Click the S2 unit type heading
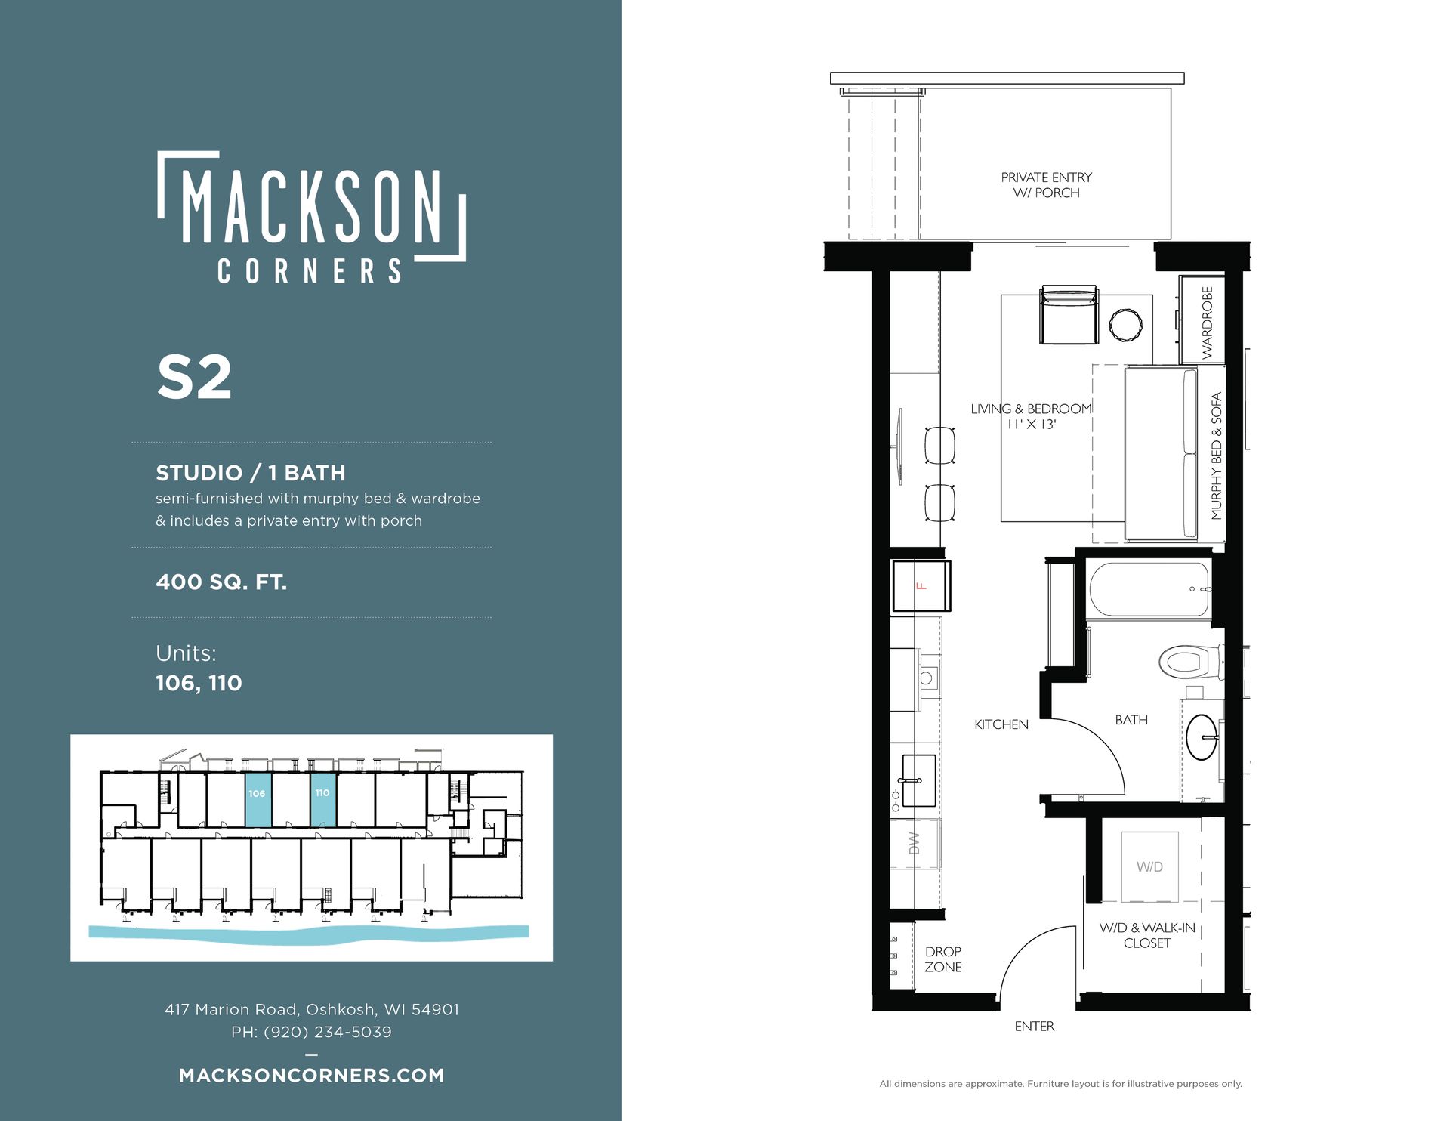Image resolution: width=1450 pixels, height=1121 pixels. point(194,377)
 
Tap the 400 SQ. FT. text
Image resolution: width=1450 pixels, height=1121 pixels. point(221,582)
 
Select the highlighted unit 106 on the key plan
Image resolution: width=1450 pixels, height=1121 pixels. point(258,799)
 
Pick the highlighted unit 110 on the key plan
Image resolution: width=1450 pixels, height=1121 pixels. point(323,799)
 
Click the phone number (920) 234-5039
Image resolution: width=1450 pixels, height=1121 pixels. point(327,1032)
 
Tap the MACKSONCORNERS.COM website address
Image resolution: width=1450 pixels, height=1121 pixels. point(312,1076)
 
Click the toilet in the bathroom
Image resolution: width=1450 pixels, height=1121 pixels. point(1191,662)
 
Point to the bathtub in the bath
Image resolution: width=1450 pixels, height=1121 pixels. point(1150,589)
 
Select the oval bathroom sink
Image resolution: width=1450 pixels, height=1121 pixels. point(1202,737)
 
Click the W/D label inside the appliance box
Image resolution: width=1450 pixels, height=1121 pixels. point(1149,866)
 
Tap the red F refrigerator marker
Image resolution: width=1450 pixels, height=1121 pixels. point(921,586)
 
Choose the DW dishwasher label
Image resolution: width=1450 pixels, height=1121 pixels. point(915,843)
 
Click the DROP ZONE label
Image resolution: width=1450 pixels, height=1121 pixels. point(943,959)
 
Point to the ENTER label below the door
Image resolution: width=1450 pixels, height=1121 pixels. point(1035,1026)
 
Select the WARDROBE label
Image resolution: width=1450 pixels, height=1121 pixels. point(1207,323)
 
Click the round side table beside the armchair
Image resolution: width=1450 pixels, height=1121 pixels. point(1126,325)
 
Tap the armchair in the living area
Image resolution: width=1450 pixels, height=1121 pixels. point(1069,316)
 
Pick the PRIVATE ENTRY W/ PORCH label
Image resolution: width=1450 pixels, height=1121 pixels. point(1046,185)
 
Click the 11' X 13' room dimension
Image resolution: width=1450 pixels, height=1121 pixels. point(1032,425)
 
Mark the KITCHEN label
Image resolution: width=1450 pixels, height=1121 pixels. point(1001,724)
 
